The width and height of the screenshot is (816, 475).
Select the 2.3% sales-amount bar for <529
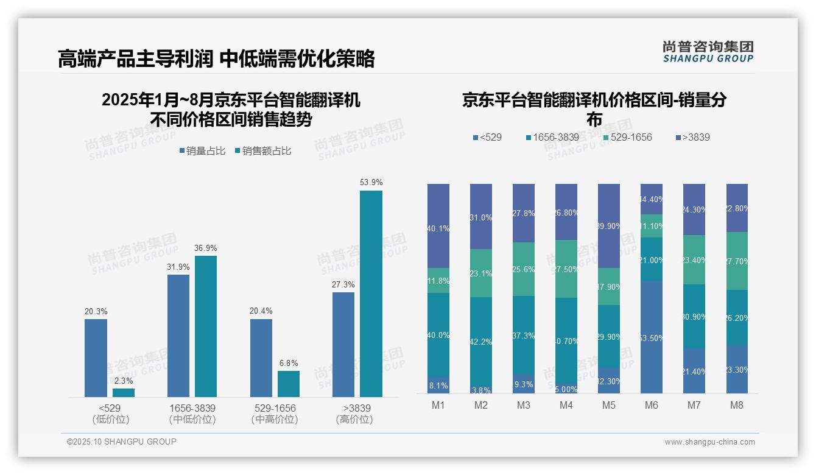coord(124,393)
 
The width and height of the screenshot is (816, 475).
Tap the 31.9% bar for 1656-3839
coord(178,336)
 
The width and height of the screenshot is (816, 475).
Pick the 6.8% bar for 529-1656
coord(289,384)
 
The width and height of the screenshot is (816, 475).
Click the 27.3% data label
coord(343,284)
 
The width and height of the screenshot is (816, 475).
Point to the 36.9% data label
coord(206,248)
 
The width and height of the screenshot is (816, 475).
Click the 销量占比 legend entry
coord(203,151)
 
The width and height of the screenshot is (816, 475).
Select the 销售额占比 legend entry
coord(262,151)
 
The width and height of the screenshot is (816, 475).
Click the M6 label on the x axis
coord(652,405)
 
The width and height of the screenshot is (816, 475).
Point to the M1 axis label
coord(438,405)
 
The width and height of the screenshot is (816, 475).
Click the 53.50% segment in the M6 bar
coord(652,337)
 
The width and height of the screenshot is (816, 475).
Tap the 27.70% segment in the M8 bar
coord(737,261)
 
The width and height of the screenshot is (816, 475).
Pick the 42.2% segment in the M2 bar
coord(481,341)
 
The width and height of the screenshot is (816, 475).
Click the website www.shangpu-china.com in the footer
coord(709,442)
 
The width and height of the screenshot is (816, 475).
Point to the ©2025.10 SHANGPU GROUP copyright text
coord(122,442)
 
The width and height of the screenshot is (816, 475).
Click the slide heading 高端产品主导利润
coord(135,58)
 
